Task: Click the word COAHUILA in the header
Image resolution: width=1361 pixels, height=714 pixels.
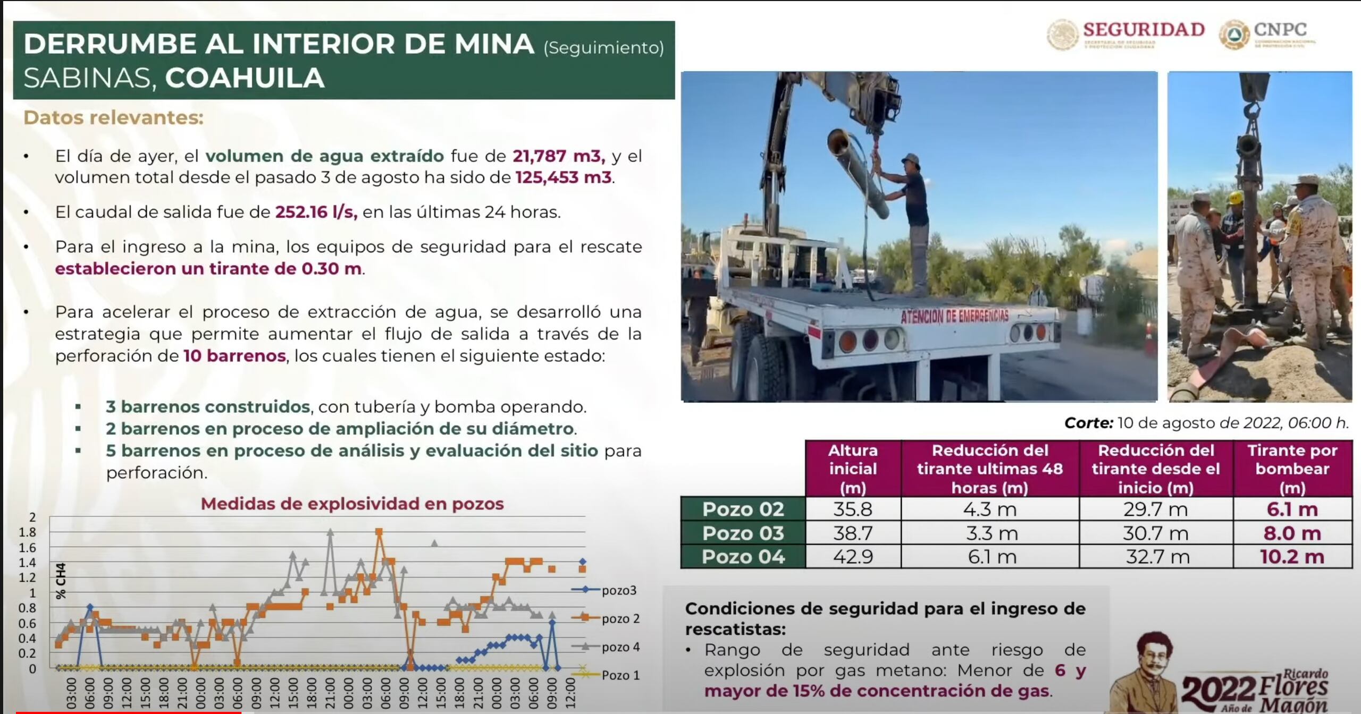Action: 245,78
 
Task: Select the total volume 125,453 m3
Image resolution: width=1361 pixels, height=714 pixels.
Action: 564,177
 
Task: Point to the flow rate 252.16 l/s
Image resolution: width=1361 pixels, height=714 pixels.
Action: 316,212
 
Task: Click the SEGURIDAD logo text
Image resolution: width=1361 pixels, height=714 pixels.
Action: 1144,30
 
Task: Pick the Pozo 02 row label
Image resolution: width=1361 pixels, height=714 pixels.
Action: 743,509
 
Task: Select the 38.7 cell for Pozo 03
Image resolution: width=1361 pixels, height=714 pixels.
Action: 853,533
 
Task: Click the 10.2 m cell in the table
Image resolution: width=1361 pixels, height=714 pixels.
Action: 1292,557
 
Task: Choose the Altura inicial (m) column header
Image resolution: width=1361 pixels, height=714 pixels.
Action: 853,469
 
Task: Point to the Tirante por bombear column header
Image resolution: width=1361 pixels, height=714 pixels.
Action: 1292,469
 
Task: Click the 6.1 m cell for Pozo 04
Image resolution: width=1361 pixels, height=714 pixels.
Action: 992,557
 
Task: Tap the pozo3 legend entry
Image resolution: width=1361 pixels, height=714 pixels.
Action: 618,590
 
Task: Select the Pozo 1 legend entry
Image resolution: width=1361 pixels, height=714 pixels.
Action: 620,675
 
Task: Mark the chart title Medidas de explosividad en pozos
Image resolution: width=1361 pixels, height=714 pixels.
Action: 352,504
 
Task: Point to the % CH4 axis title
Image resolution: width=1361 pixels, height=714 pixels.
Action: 61,581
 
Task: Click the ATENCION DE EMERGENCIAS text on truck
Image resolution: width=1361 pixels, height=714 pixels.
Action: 954,317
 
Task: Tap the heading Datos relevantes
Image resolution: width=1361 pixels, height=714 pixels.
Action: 113,117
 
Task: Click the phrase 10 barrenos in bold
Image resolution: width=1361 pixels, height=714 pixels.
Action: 234,356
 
